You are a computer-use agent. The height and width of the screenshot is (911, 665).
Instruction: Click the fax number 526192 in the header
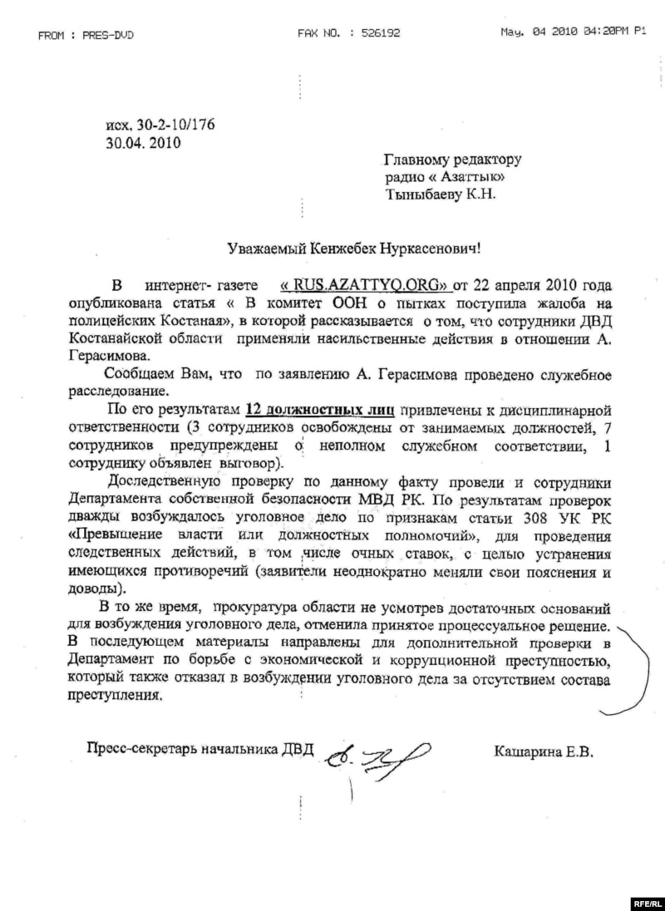pyautogui.click(x=382, y=33)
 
